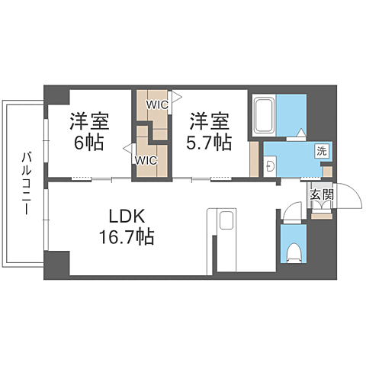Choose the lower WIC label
pyautogui.click(x=146, y=160)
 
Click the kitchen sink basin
pyautogui.click(x=226, y=221)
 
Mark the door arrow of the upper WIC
pyautogui.click(x=175, y=97)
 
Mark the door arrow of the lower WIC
pyautogui.click(x=127, y=147)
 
